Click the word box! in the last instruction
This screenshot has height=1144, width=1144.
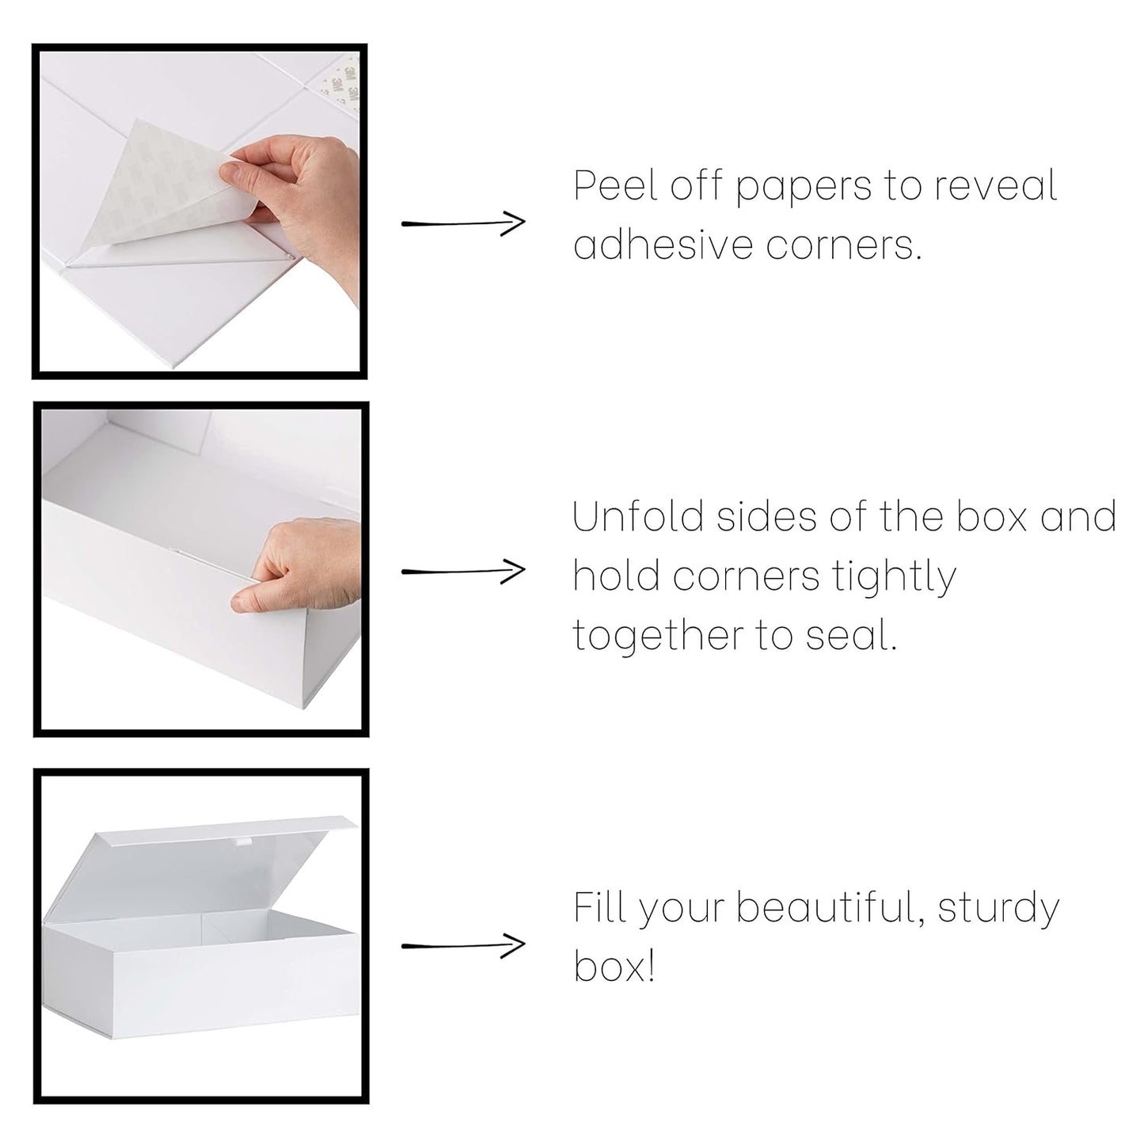(614, 967)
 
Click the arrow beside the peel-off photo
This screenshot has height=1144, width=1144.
(463, 223)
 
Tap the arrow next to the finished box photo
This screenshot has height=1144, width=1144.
(463, 944)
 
